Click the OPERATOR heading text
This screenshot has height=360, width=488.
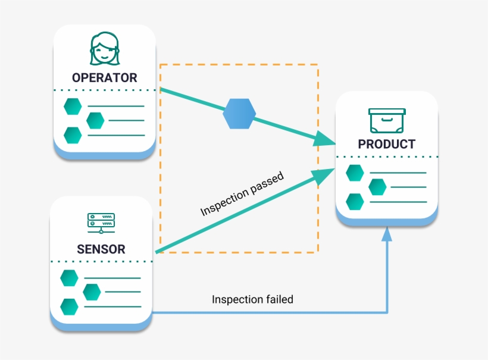tap(104, 77)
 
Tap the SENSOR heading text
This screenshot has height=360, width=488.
tap(101, 249)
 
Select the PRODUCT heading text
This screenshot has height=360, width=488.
tap(386, 144)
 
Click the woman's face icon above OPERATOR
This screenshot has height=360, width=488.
tap(104, 48)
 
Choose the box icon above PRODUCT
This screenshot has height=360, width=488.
tap(387, 121)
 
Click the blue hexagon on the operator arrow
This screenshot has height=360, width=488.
tap(239, 114)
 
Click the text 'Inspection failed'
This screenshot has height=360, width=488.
tap(252, 299)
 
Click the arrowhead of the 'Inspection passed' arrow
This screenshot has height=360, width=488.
tap(324, 173)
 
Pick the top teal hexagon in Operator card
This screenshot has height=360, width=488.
tap(73, 106)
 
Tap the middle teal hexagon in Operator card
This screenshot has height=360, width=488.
tap(95, 120)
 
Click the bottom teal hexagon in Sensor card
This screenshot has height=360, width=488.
tap(70, 306)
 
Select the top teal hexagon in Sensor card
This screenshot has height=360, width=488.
tap(70, 277)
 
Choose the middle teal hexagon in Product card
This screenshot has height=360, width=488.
tap(377, 187)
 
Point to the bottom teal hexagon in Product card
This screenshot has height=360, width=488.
tap(355, 202)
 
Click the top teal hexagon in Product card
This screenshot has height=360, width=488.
tap(355, 173)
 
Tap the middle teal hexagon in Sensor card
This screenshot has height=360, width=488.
tap(92, 292)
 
